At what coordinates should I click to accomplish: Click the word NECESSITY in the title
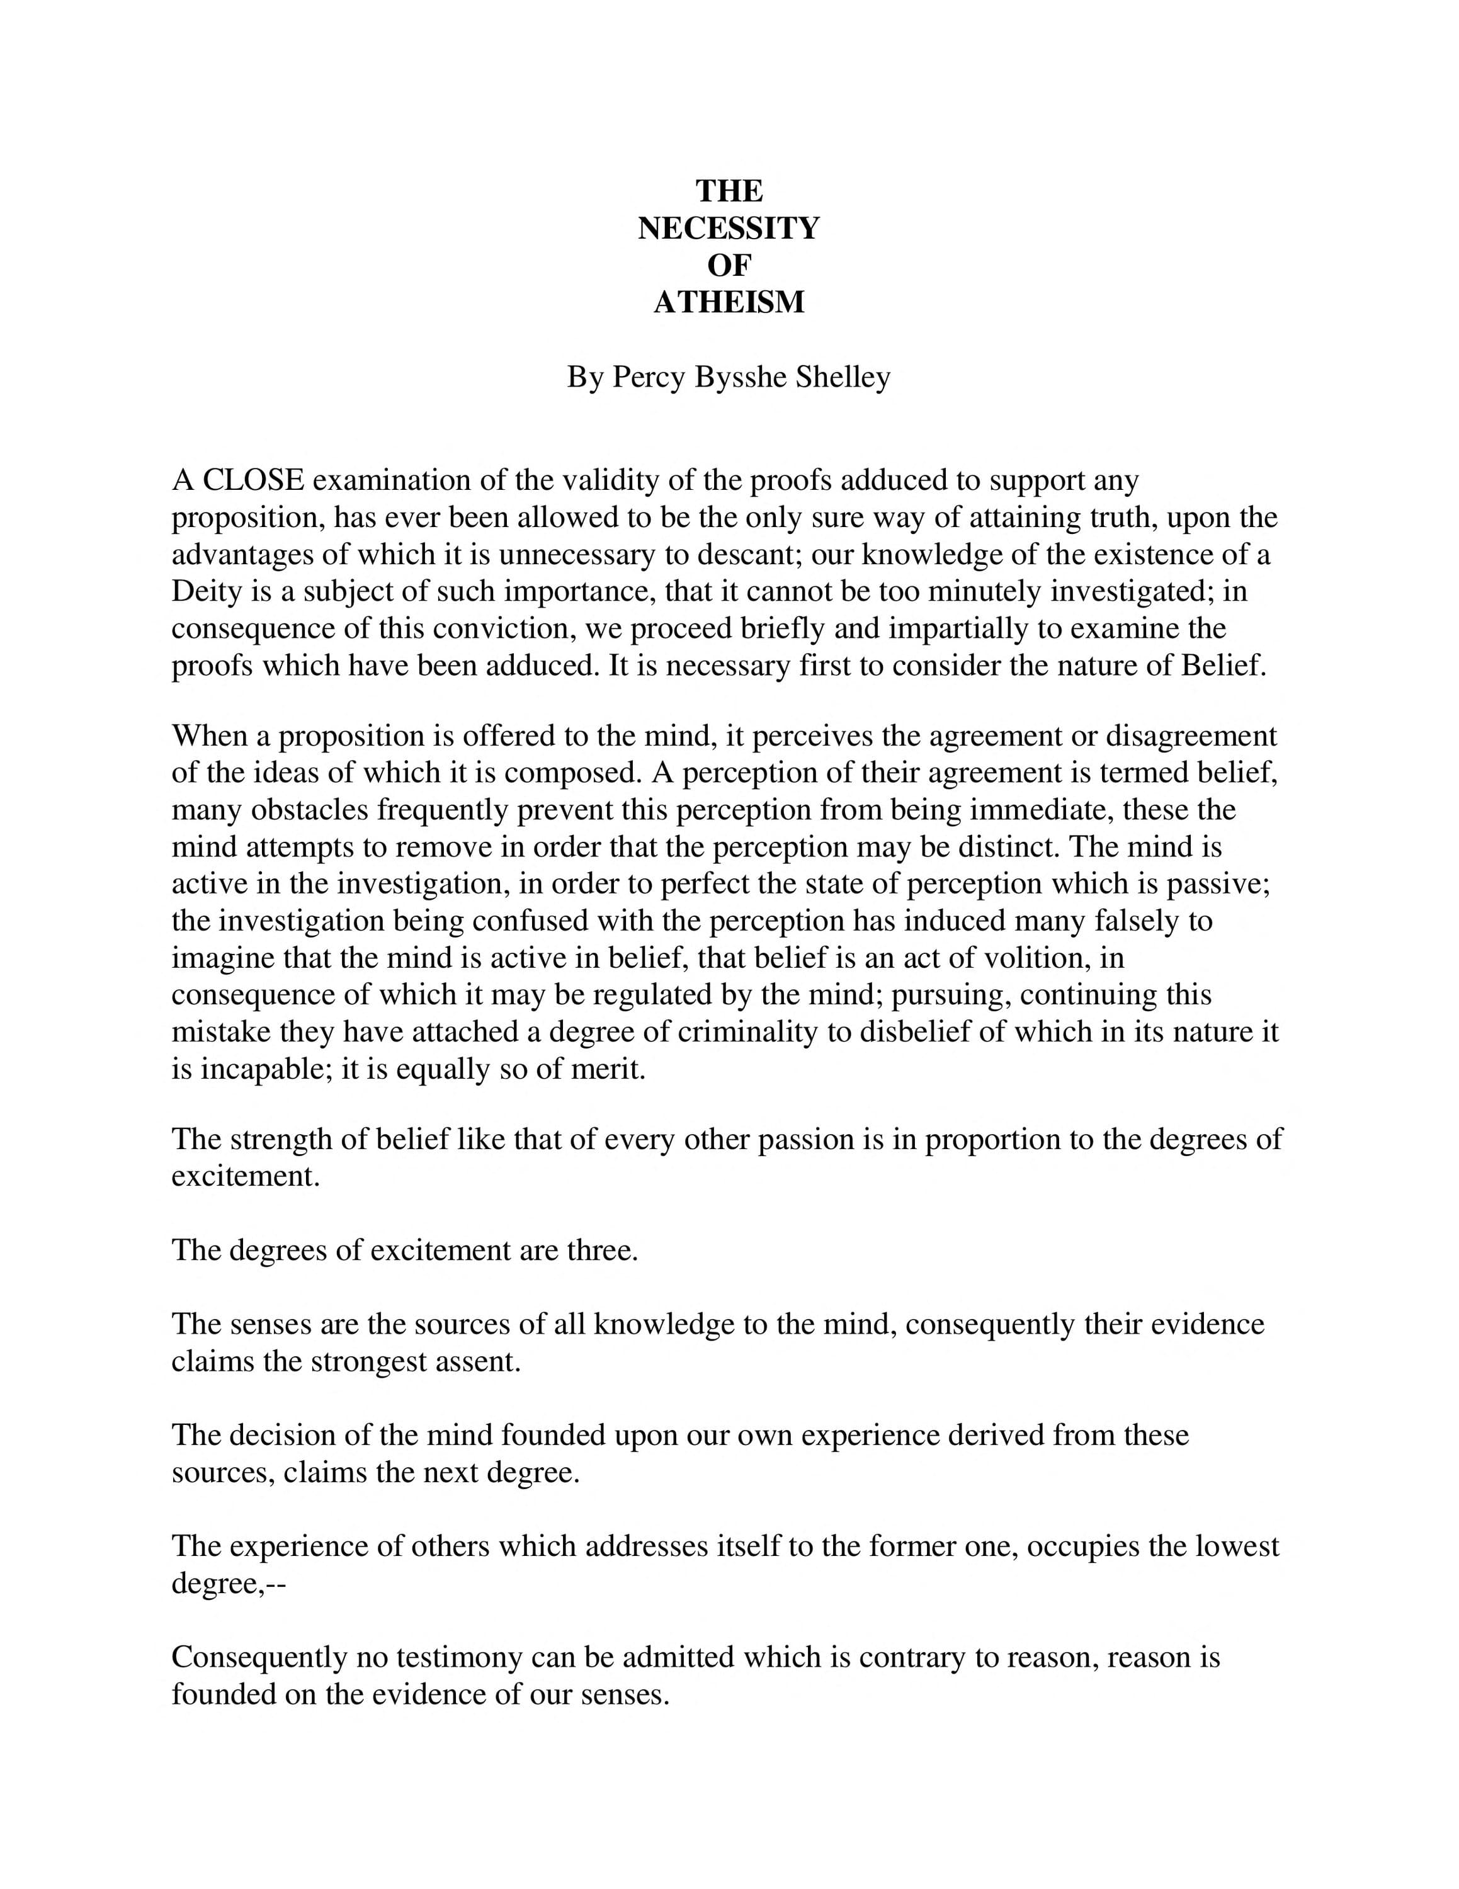728,229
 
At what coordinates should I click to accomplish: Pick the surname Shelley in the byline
843,377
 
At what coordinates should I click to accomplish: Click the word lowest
1237,1546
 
